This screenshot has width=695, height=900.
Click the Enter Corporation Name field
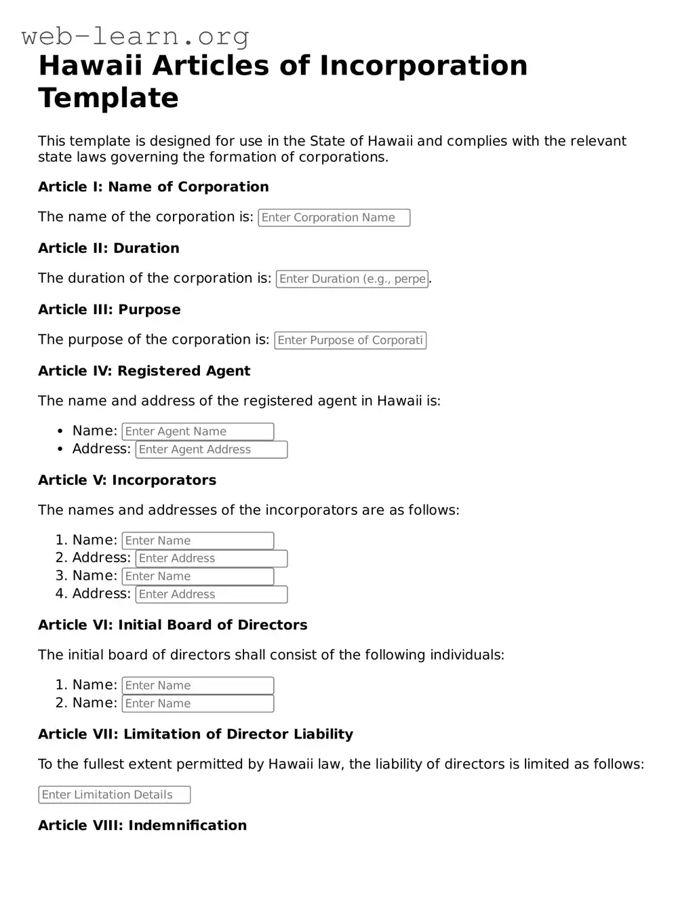pos(334,218)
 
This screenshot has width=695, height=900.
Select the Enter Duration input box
pos(352,279)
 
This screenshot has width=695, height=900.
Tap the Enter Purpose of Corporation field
pos(350,340)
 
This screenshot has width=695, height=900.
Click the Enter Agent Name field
pos(197,431)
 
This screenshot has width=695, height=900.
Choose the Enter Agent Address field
pos(212,450)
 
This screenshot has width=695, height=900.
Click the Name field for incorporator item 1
pos(197,541)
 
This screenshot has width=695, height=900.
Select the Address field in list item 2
pos(212,558)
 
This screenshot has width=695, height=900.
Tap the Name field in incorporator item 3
pos(197,576)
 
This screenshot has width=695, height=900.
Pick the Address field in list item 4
pos(212,594)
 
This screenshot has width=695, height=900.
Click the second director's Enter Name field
pos(197,703)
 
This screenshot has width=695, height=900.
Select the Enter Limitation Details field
pos(114,795)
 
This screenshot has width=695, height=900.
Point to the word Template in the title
pos(108,98)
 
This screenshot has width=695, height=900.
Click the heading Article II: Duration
pos(108,248)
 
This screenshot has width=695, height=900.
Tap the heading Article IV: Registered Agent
pos(144,371)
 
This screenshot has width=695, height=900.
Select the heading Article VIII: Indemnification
pos(142,825)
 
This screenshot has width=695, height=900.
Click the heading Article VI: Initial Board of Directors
pos(172,625)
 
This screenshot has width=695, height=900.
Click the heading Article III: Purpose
pos(109,309)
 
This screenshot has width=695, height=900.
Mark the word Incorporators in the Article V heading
pos(164,480)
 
